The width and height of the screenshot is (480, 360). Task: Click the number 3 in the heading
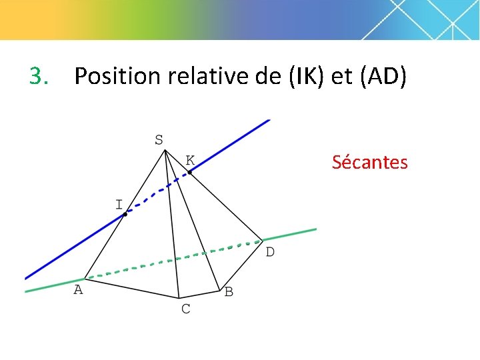pyautogui.click(x=38, y=77)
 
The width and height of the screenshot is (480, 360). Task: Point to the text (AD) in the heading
pyautogui.click(x=382, y=77)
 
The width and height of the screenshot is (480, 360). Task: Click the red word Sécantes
pyautogui.click(x=369, y=162)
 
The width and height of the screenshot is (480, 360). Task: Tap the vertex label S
pyautogui.click(x=159, y=140)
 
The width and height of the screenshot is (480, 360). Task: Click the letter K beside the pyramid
pyautogui.click(x=190, y=161)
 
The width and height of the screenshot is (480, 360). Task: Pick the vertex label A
pyautogui.click(x=78, y=290)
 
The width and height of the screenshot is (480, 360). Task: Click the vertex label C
pyautogui.click(x=185, y=309)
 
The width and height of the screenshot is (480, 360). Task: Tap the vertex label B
pyautogui.click(x=229, y=292)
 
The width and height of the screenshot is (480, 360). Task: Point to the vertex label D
pyautogui.click(x=270, y=252)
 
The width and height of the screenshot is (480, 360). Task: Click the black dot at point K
pyautogui.click(x=189, y=173)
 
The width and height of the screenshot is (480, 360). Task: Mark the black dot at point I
pyautogui.click(x=125, y=214)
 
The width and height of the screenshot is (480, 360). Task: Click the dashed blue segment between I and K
pyautogui.click(x=157, y=194)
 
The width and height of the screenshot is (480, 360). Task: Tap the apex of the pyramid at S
pyautogui.click(x=165, y=151)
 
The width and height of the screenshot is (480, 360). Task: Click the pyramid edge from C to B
pyautogui.click(x=199, y=294)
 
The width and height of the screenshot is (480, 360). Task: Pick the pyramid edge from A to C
pyautogui.click(x=131, y=288)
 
